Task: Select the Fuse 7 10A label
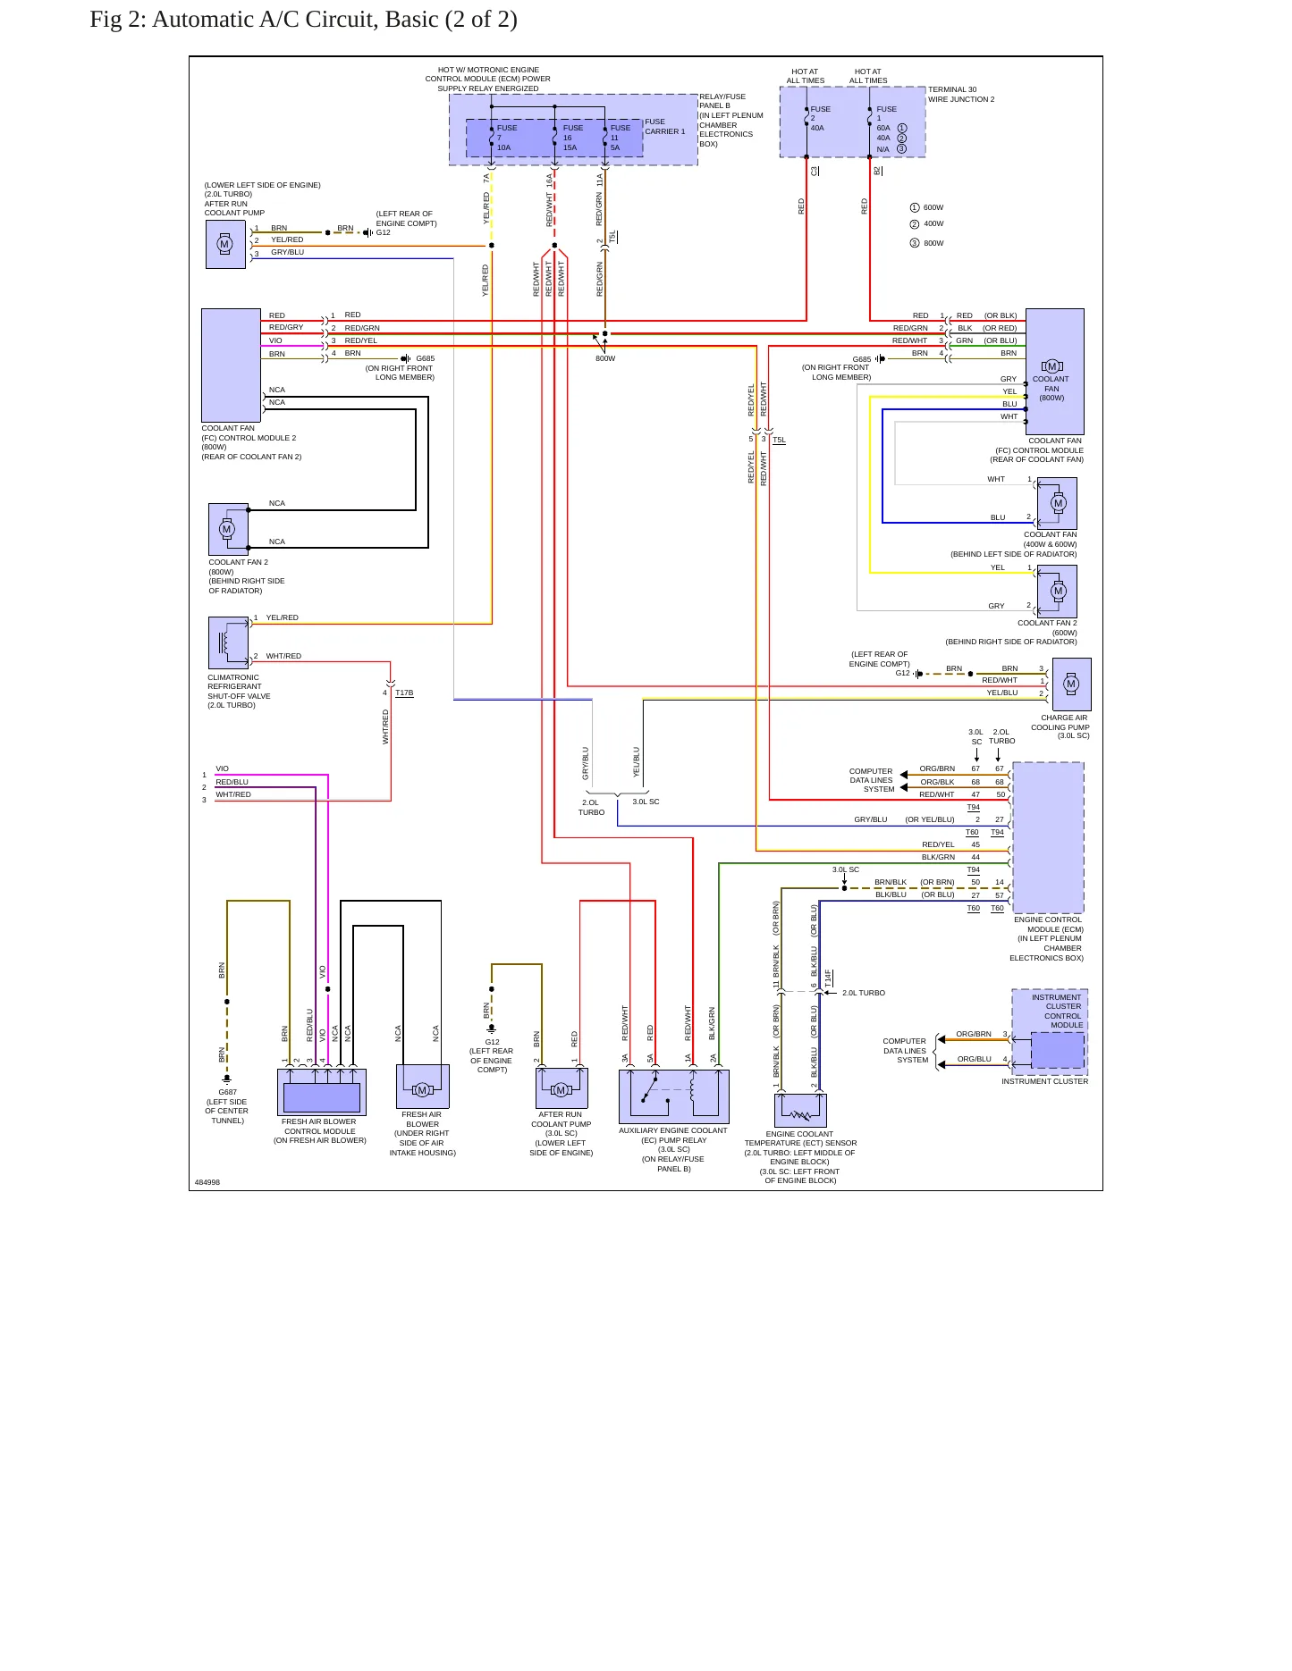506,138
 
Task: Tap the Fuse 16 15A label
572,138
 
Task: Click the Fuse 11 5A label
620,138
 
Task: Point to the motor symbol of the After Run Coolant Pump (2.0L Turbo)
225,244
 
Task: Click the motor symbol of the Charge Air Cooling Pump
1071,684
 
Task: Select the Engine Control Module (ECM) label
1047,924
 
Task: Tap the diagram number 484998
207,1182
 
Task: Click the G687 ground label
228,1092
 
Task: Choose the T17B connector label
404,693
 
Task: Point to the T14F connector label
829,978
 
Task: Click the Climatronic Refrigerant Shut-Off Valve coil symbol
226,642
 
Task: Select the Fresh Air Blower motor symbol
422,1089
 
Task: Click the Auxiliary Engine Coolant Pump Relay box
674,1096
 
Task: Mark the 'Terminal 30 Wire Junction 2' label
961,94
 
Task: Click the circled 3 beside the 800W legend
915,243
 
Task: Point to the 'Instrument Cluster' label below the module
1044,1081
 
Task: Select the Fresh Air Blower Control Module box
322,1091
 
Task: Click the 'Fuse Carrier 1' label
665,127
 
